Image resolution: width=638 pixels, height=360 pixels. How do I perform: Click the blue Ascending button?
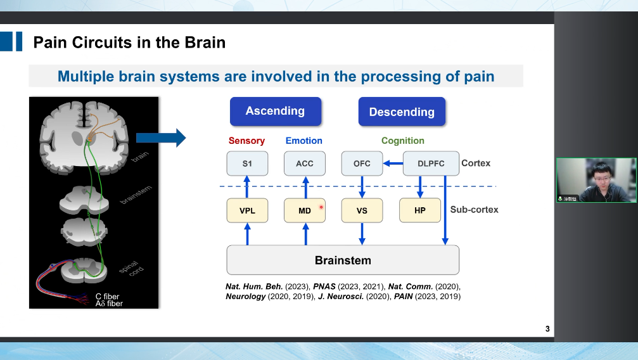point(275,111)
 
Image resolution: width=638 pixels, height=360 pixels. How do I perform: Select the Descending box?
point(402,112)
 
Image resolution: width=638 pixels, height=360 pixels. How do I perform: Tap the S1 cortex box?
point(247,164)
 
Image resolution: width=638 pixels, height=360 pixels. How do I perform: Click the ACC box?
point(305,164)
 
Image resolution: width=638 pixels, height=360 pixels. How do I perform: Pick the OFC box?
point(362,164)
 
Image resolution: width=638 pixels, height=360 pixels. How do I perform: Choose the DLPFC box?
point(431,164)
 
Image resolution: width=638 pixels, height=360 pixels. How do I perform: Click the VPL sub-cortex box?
point(247,210)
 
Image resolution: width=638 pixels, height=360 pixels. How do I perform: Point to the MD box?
point(305,210)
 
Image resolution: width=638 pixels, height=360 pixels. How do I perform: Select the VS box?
point(362,210)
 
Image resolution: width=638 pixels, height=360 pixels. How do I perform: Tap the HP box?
point(419,210)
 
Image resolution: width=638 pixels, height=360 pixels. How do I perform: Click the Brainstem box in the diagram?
point(343,260)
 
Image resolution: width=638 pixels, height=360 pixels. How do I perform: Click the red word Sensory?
point(246,141)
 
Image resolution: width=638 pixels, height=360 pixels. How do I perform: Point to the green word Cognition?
point(402,141)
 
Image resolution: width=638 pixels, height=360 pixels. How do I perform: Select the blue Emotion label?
point(303,141)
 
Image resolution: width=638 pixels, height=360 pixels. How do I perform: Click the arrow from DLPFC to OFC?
point(394,164)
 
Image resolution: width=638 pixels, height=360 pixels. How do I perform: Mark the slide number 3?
point(547,329)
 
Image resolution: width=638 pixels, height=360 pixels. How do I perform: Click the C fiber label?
point(107,296)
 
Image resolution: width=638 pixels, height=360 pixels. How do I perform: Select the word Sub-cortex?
point(474,209)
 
